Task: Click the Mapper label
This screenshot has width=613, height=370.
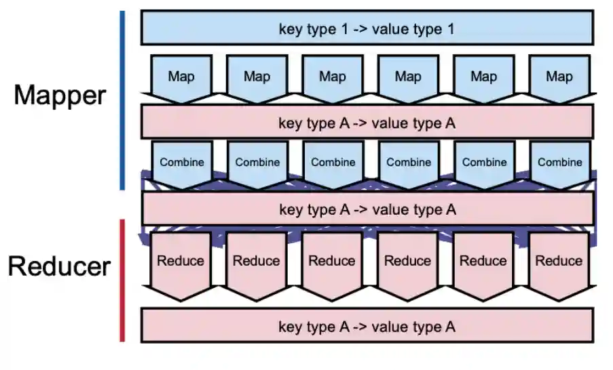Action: click(x=60, y=95)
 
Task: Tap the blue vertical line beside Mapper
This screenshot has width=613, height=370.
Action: click(x=122, y=100)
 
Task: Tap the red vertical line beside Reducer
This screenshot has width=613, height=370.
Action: click(x=122, y=280)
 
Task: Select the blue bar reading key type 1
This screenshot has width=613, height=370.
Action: click(x=367, y=28)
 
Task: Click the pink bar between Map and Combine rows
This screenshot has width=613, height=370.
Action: click(x=367, y=123)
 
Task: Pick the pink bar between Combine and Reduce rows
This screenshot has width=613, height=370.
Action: click(x=367, y=209)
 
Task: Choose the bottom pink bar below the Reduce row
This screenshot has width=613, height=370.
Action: click(x=367, y=326)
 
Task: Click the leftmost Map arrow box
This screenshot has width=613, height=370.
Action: click(x=181, y=77)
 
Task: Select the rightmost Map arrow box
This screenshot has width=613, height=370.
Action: click(x=559, y=77)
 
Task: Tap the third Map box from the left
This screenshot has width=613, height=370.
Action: click(x=333, y=77)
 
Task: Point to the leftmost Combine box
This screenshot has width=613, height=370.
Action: click(x=181, y=163)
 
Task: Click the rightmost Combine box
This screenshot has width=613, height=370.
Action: click(x=559, y=163)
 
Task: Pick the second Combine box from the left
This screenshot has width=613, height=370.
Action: click(x=257, y=163)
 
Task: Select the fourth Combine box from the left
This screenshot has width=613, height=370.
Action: click(x=409, y=163)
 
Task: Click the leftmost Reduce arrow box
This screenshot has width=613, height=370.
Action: click(x=181, y=261)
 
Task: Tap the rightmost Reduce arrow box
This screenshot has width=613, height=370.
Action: click(x=559, y=261)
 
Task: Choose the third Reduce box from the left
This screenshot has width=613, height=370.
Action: click(x=332, y=261)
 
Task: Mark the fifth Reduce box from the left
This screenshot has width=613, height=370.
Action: click(x=483, y=261)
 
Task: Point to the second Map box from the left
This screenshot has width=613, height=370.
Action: click(x=257, y=77)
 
